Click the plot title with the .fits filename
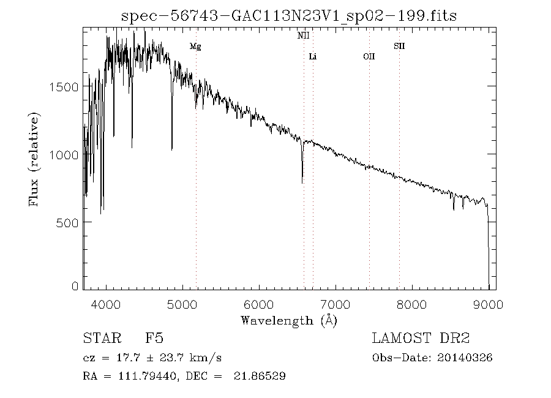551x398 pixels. (289, 15)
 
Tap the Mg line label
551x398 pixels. (195, 47)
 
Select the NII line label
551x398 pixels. (303, 36)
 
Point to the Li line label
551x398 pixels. (313, 57)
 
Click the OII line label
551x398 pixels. (369, 57)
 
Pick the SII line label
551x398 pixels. (399, 46)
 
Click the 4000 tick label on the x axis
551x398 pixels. (107, 304)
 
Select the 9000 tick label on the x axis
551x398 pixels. (488, 304)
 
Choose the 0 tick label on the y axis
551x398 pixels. (75, 286)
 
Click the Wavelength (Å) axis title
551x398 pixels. (289, 320)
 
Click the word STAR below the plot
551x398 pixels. (100, 339)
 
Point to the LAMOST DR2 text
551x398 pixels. (421, 339)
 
